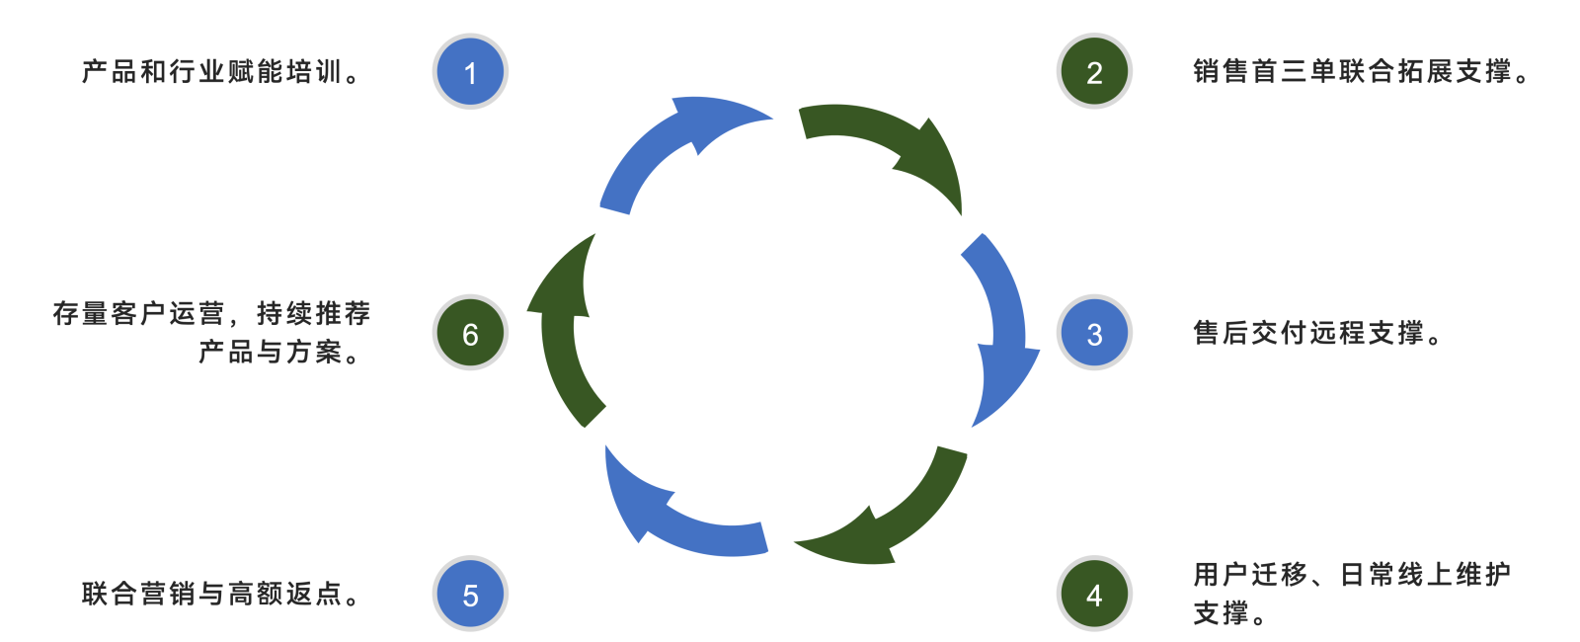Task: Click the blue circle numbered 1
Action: (470, 72)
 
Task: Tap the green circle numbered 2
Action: (1094, 72)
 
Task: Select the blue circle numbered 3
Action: (1094, 334)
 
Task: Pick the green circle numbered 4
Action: (1094, 595)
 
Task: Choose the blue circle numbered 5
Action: (470, 595)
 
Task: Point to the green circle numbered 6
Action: (470, 334)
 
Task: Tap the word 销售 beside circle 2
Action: (1222, 72)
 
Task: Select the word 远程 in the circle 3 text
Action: (1338, 334)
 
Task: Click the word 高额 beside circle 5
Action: (256, 595)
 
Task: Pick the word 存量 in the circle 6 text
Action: (80, 314)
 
